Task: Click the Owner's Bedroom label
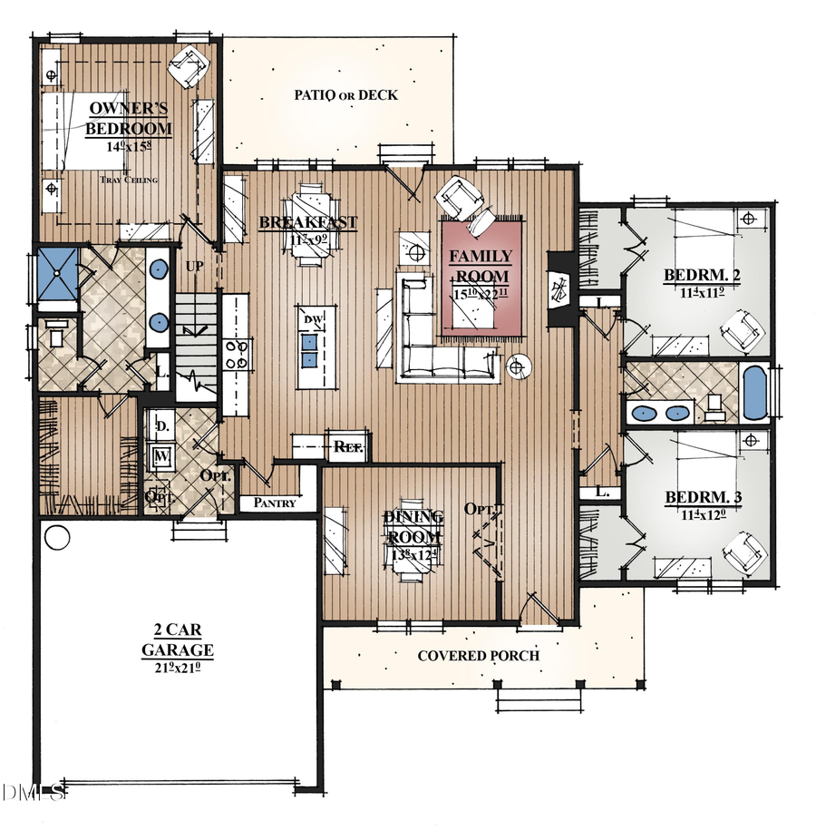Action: coord(128,118)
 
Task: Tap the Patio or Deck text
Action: coord(346,95)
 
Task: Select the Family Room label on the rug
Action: coord(481,267)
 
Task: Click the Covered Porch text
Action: coord(478,656)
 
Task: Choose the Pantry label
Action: coord(276,503)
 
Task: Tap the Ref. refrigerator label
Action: coord(349,446)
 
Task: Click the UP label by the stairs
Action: coord(193,267)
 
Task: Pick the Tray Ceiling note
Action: coord(129,180)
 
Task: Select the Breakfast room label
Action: coord(308,222)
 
